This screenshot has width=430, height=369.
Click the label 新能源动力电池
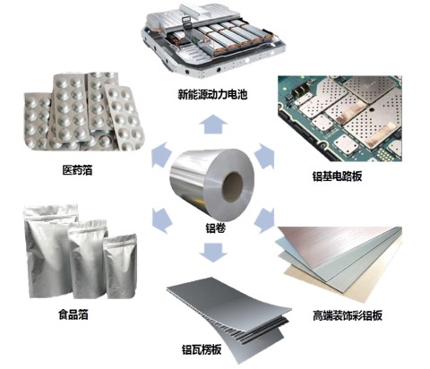pos(212,95)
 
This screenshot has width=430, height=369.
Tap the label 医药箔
pos(77,170)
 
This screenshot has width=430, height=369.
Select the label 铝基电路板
pos(338,176)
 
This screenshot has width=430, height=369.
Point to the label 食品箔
pos(73,314)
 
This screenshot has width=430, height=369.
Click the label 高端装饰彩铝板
pos(348,315)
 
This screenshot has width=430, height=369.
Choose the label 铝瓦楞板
pos(202,349)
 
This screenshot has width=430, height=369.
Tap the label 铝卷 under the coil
pos(215,228)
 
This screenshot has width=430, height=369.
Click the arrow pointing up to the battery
pos(213,124)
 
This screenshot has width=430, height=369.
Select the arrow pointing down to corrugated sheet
pos(213,253)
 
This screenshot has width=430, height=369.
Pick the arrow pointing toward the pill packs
pos(161,155)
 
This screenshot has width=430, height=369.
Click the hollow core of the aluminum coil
pos(233,187)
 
